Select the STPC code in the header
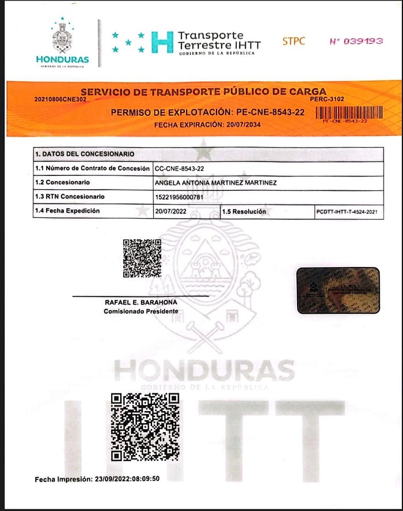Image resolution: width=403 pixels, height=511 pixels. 294,42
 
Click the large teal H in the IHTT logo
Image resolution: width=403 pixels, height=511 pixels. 162,42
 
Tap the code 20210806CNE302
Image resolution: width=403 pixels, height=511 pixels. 60,99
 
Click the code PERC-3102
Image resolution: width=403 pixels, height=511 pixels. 326,99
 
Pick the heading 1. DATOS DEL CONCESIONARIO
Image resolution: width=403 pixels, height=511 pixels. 85,154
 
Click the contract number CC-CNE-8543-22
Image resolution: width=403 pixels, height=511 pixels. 180,168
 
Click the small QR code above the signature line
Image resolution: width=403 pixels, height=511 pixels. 142,258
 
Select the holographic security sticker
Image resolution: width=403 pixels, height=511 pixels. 338,290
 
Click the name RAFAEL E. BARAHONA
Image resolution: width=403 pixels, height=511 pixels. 140,303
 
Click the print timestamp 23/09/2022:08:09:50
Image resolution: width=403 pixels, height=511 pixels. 126,479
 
